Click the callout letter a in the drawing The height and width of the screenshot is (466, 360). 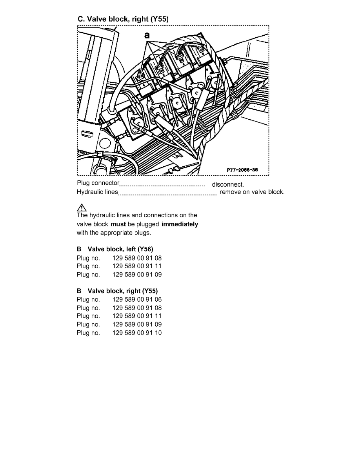pyautogui.click(x=147, y=35)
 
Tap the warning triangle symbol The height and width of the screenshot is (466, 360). pyautogui.click(x=81, y=208)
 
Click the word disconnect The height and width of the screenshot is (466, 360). pyautogui.click(x=228, y=184)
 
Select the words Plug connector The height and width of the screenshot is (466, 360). pyautogui.click(x=98, y=183)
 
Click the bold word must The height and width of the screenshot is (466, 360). pyautogui.click(x=118, y=224)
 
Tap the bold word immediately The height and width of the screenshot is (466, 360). pyautogui.click(x=180, y=224)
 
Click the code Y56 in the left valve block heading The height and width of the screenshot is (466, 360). pyautogui.click(x=145, y=249)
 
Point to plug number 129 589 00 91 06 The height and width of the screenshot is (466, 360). pyautogui.click(x=137, y=299)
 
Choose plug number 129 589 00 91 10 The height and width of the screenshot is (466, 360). pyautogui.click(x=137, y=333)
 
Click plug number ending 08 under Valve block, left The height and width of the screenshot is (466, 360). pyautogui.click(x=137, y=258)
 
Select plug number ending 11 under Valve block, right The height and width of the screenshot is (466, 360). pyautogui.click(x=137, y=316)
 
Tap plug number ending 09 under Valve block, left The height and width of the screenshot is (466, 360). pyautogui.click(x=137, y=275)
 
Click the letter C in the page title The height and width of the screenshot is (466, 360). pyautogui.click(x=80, y=19)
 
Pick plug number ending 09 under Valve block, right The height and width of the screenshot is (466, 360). pyautogui.click(x=137, y=324)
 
